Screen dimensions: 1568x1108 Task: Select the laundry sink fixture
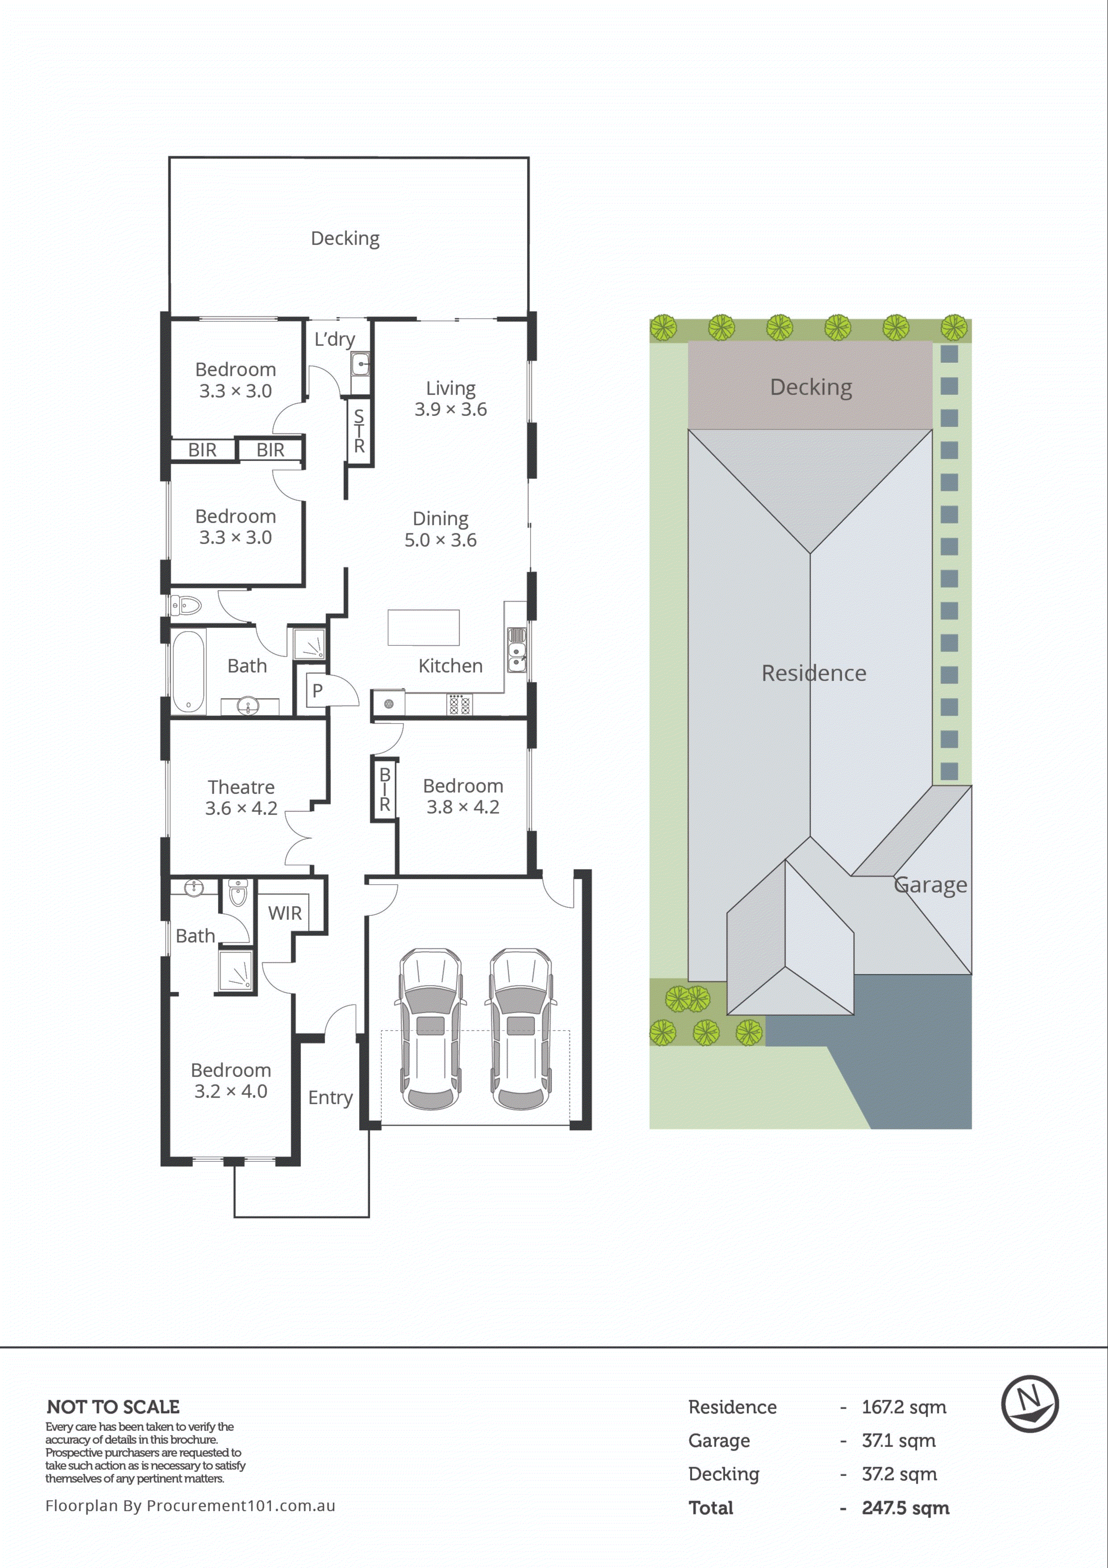click(x=360, y=365)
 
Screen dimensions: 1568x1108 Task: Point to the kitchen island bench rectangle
click(x=423, y=627)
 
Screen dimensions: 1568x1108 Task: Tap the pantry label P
click(x=317, y=690)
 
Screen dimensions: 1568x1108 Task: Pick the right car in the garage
click(x=520, y=1028)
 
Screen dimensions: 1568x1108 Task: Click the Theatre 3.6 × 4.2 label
click(x=241, y=798)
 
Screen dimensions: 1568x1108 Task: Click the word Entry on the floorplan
click(x=330, y=1098)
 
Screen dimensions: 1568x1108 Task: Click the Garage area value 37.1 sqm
click(x=898, y=1440)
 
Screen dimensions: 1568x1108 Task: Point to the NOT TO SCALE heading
click(x=113, y=1407)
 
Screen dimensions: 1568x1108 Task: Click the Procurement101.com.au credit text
click(x=190, y=1505)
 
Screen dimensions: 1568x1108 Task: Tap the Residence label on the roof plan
click(x=814, y=674)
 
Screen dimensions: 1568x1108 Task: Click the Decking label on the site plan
click(x=811, y=387)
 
